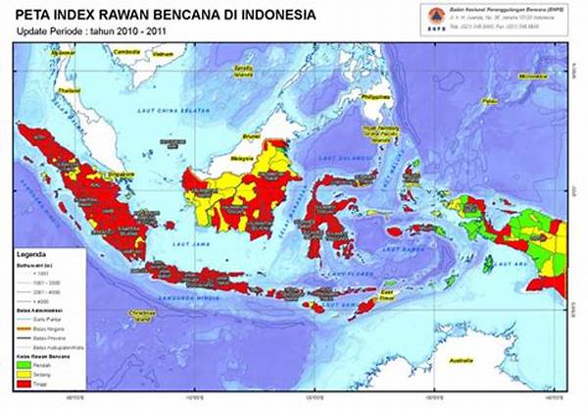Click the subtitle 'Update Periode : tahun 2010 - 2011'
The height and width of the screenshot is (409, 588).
coord(87,31)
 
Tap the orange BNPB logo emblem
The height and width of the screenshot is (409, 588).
coord(409,17)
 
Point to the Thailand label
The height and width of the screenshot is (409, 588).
coord(68,90)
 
